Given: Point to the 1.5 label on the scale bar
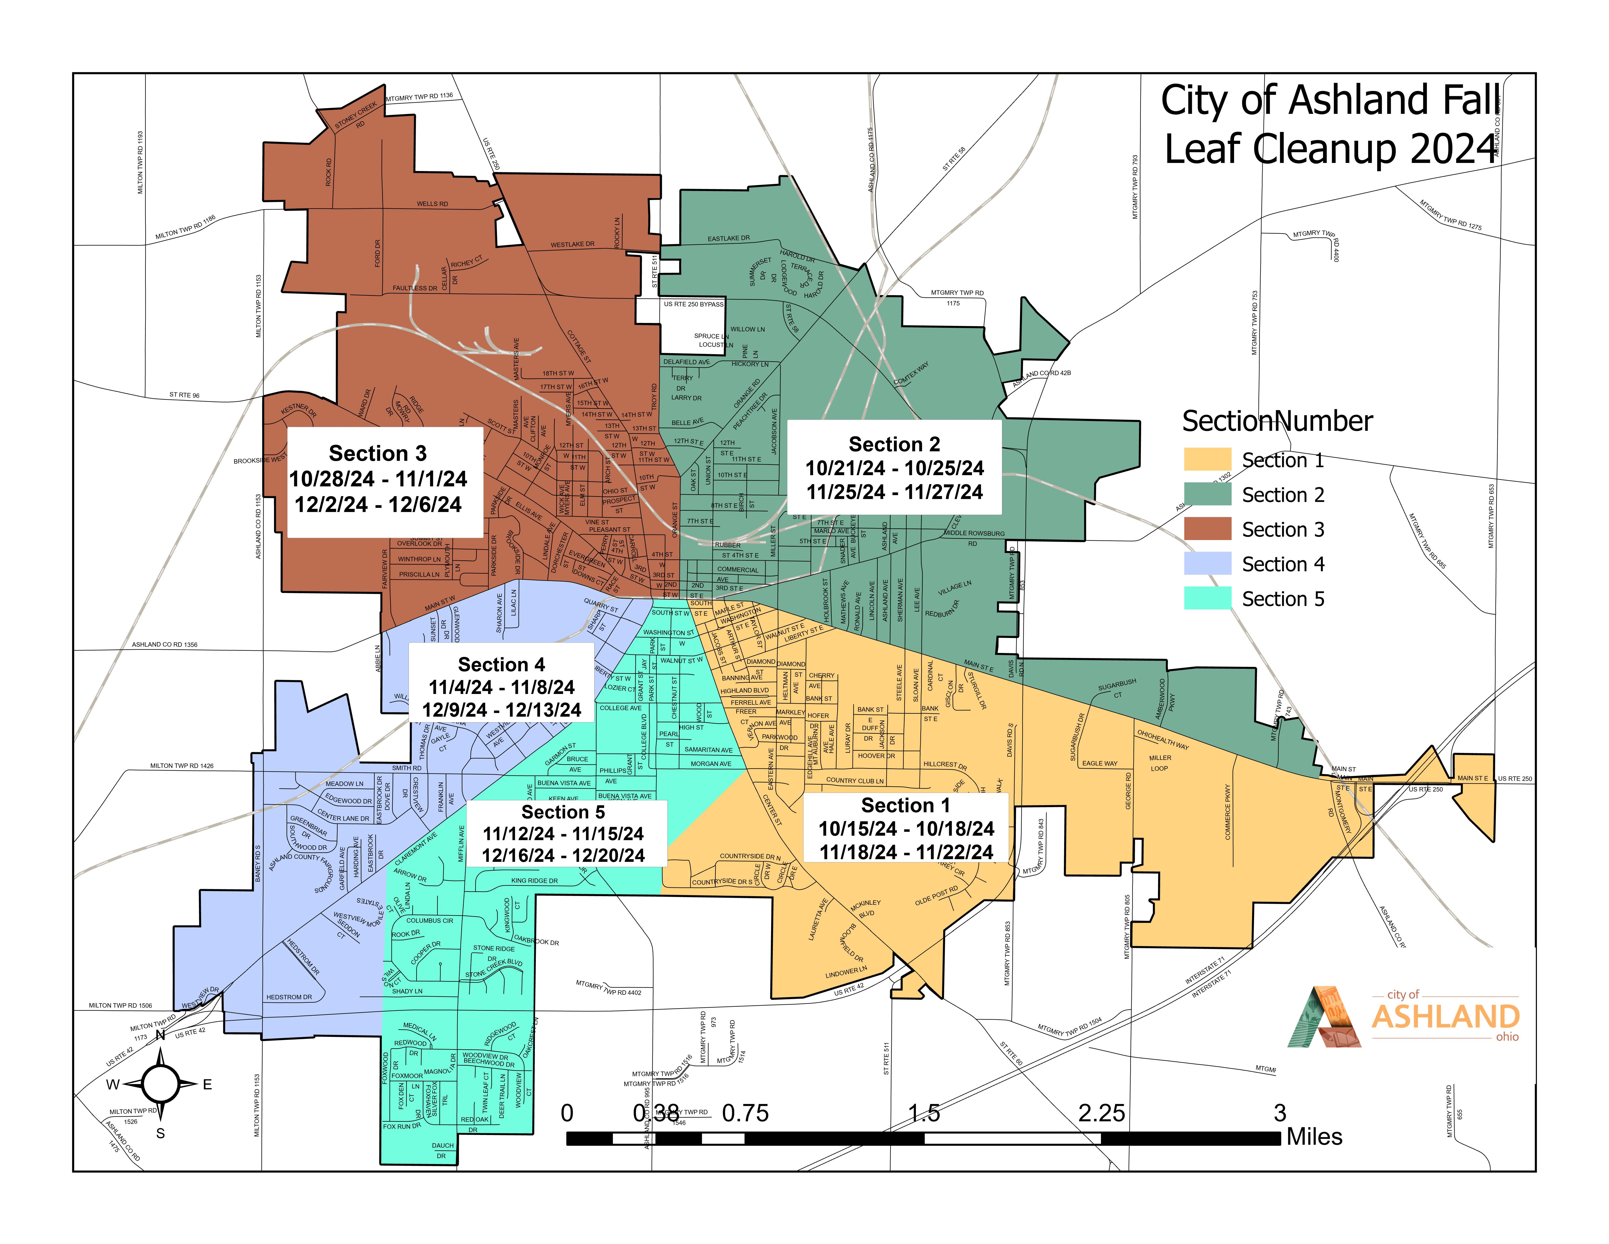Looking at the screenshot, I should (924, 1113).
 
